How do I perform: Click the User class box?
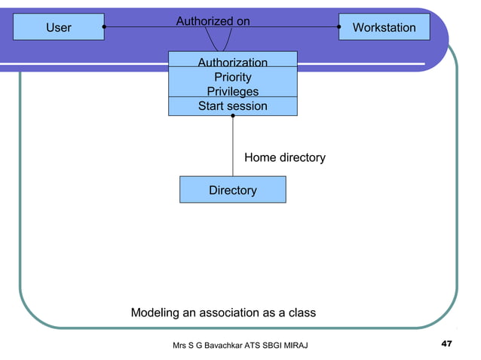coord(59,27)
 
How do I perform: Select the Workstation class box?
coord(384,27)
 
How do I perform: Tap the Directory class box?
coord(232,190)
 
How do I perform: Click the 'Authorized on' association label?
coord(213,21)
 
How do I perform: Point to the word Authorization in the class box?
coord(232,63)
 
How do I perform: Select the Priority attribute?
coord(232,77)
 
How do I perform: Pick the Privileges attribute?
coord(232,91)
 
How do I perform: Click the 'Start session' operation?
coord(232,106)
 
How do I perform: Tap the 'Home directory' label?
coord(284,157)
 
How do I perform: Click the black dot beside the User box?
coord(104,27)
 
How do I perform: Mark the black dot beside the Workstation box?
coord(339,27)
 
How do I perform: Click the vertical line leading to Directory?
coord(232,147)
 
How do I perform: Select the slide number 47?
coord(446,344)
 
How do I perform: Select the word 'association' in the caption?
coord(223,313)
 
